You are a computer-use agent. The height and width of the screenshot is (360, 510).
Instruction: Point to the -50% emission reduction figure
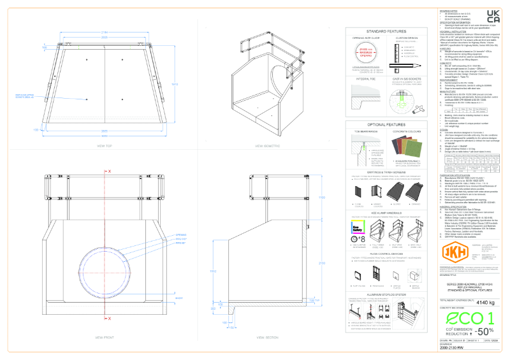[483, 331]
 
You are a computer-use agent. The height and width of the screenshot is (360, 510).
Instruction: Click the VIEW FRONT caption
[104, 336]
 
